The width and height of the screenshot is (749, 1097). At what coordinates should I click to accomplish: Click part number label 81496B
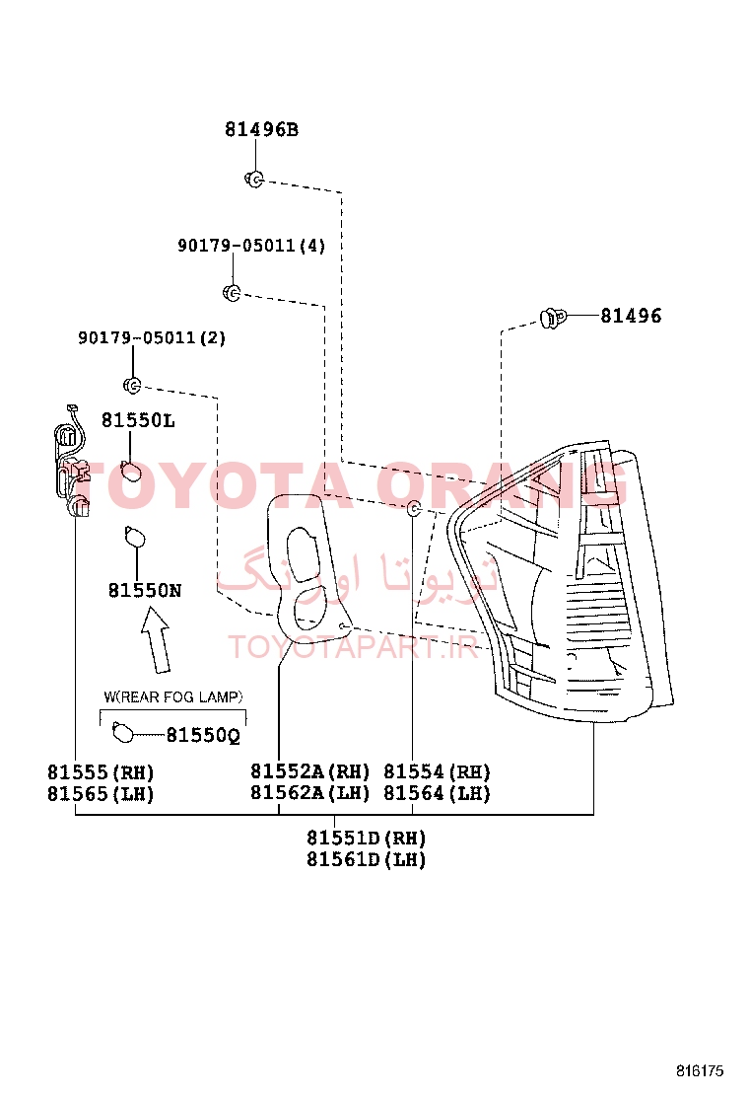(x=261, y=129)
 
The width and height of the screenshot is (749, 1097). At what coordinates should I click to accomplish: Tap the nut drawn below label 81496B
(x=254, y=180)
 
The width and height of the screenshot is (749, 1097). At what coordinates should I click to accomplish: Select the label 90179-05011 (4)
(x=251, y=246)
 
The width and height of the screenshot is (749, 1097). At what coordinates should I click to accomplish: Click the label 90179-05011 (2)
(x=152, y=338)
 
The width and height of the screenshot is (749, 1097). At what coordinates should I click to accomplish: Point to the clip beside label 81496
(x=553, y=319)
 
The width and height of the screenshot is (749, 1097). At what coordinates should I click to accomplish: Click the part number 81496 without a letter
(x=631, y=316)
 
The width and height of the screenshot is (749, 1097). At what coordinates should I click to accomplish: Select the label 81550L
(x=138, y=420)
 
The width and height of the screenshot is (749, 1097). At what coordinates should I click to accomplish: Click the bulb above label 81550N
(x=134, y=538)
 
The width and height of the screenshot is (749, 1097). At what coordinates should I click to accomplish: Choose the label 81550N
(x=145, y=591)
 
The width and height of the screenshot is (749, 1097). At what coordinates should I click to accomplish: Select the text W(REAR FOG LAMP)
(x=173, y=696)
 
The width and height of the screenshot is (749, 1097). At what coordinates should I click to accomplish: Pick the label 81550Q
(x=203, y=735)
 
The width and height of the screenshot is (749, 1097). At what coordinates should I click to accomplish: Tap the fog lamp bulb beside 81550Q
(x=123, y=733)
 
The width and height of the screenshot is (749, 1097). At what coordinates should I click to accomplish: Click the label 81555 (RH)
(x=101, y=772)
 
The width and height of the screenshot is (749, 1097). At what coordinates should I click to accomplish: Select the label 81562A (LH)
(x=310, y=793)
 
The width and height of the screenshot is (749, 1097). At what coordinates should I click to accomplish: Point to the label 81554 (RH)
(x=438, y=771)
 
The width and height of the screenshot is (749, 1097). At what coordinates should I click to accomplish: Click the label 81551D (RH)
(x=367, y=839)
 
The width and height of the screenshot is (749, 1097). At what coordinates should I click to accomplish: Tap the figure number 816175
(x=700, y=1071)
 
